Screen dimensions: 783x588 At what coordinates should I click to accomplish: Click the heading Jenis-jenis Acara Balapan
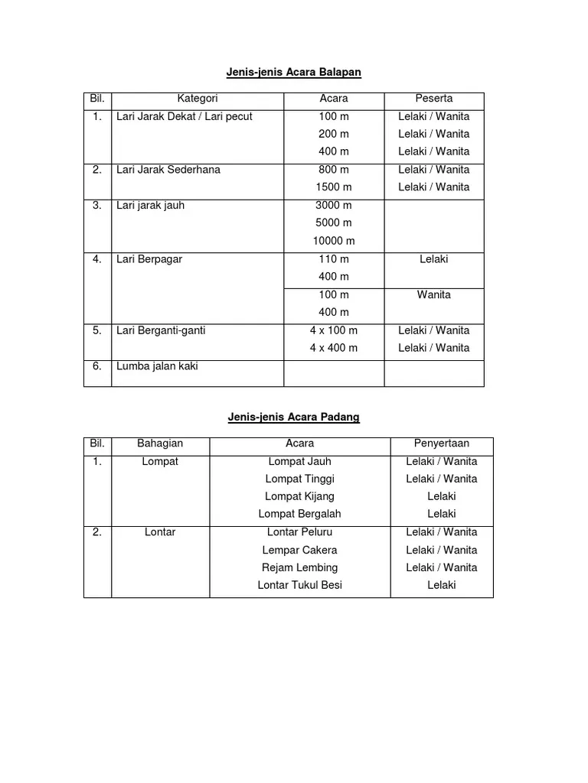[293, 72]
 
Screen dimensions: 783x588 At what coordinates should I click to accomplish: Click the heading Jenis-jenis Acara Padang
[293, 417]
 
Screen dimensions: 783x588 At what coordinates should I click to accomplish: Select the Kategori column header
[198, 99]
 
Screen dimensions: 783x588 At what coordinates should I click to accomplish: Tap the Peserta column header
[433, 99]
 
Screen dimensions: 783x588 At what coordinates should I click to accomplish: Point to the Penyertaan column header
[441, 443]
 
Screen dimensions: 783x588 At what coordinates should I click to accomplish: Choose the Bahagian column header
[160, 443]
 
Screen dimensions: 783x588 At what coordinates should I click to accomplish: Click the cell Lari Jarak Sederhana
[168, 170]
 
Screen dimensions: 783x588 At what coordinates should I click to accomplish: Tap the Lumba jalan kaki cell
[157, 366]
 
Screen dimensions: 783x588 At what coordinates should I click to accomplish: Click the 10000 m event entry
[334, 241]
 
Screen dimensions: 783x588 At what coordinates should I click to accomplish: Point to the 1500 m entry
[334, 187]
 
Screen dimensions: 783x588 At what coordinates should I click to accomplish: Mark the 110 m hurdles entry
[334, 259]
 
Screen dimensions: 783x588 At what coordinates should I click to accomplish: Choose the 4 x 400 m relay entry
[334, 348]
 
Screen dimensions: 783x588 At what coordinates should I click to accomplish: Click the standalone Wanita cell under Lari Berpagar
[433, 294]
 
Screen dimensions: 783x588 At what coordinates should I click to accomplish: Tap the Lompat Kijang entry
[299, 496]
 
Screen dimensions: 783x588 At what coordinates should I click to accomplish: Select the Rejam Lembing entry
[299, 567]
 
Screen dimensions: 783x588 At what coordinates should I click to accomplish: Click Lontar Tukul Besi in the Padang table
[299, 585]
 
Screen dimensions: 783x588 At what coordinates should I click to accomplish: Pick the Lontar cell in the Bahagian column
[160, 532]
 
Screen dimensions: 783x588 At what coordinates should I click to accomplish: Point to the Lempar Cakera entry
[299, 550]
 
